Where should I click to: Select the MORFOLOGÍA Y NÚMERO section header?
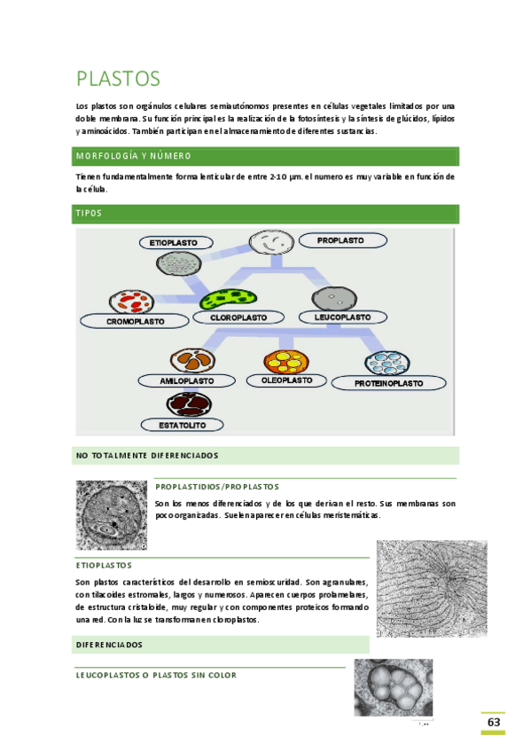(x=134, y=156)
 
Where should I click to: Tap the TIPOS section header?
(x=89, y=214)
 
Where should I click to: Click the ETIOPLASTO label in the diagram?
(x=179, y=242)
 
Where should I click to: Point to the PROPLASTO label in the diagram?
(x=340, y=240)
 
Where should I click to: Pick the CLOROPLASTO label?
(x=238, y=317)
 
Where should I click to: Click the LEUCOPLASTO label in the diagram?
(x=342, y=317)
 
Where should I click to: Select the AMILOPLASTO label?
(x=187, y=380)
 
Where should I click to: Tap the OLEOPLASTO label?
(x=286, y=380)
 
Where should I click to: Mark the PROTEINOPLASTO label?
(x=388, y=384)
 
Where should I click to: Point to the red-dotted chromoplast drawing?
(x=131, y=302)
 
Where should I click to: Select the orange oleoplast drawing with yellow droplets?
(x=285, y=361)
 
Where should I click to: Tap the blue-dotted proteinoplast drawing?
(x=387, y=363)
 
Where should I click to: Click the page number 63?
(x=494, y=723)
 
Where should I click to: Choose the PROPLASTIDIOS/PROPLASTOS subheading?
(x=216, y=486)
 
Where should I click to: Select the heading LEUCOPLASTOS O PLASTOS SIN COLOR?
(x=156, y=675)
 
